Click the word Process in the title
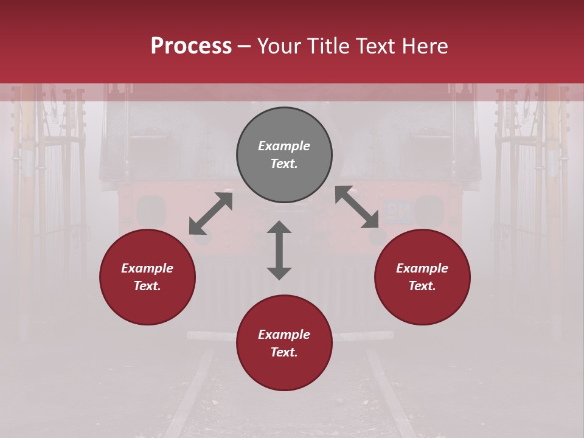[191, 46]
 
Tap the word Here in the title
[425, 46]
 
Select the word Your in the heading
[280, 46]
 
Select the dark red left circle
[147, 298]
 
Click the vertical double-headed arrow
[279, 251]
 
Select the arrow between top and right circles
[357, 207]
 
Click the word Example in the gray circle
[284, 146]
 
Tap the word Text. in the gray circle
[284, 164]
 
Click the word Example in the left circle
[147, 268]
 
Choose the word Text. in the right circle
[422, 286]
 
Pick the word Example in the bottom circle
[284, 335]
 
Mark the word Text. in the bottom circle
[284, 352]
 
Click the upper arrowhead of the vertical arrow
[279, 227]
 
